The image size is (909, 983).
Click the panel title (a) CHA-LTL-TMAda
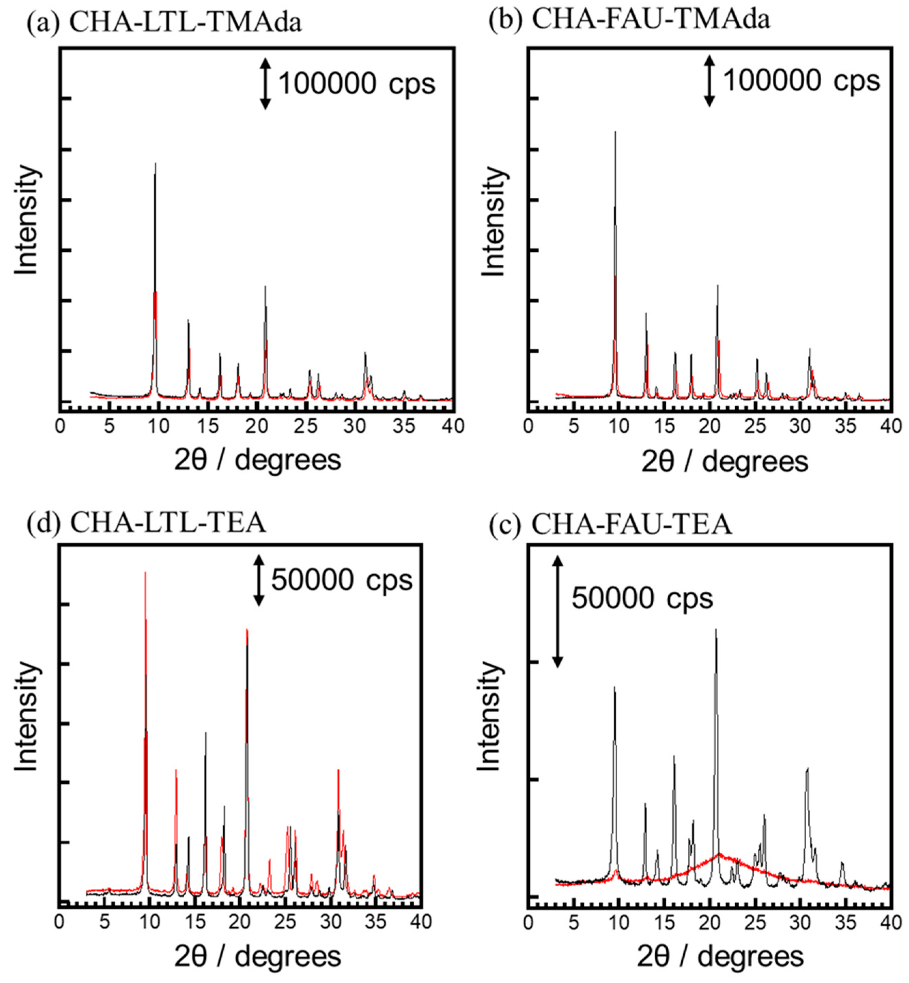point(164,23)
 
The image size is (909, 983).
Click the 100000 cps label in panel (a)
point(357,84)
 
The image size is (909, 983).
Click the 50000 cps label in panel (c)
point(642,599)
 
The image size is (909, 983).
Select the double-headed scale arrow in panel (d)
point(259,580)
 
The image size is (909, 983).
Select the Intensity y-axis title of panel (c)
point(489,716)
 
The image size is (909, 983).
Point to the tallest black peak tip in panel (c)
point(716,629)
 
